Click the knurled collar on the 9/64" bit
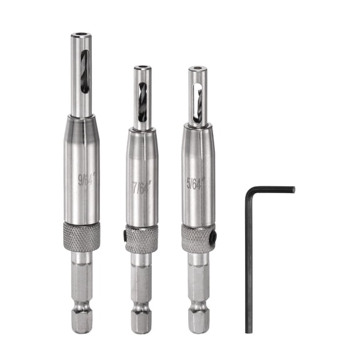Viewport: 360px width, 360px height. [x=81, y=236]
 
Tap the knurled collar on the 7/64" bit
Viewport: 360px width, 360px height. [x=141, y=239]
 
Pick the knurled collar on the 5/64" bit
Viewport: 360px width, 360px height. [x=198, y=237]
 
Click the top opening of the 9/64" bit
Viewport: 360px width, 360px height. [x=80, y=35]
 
